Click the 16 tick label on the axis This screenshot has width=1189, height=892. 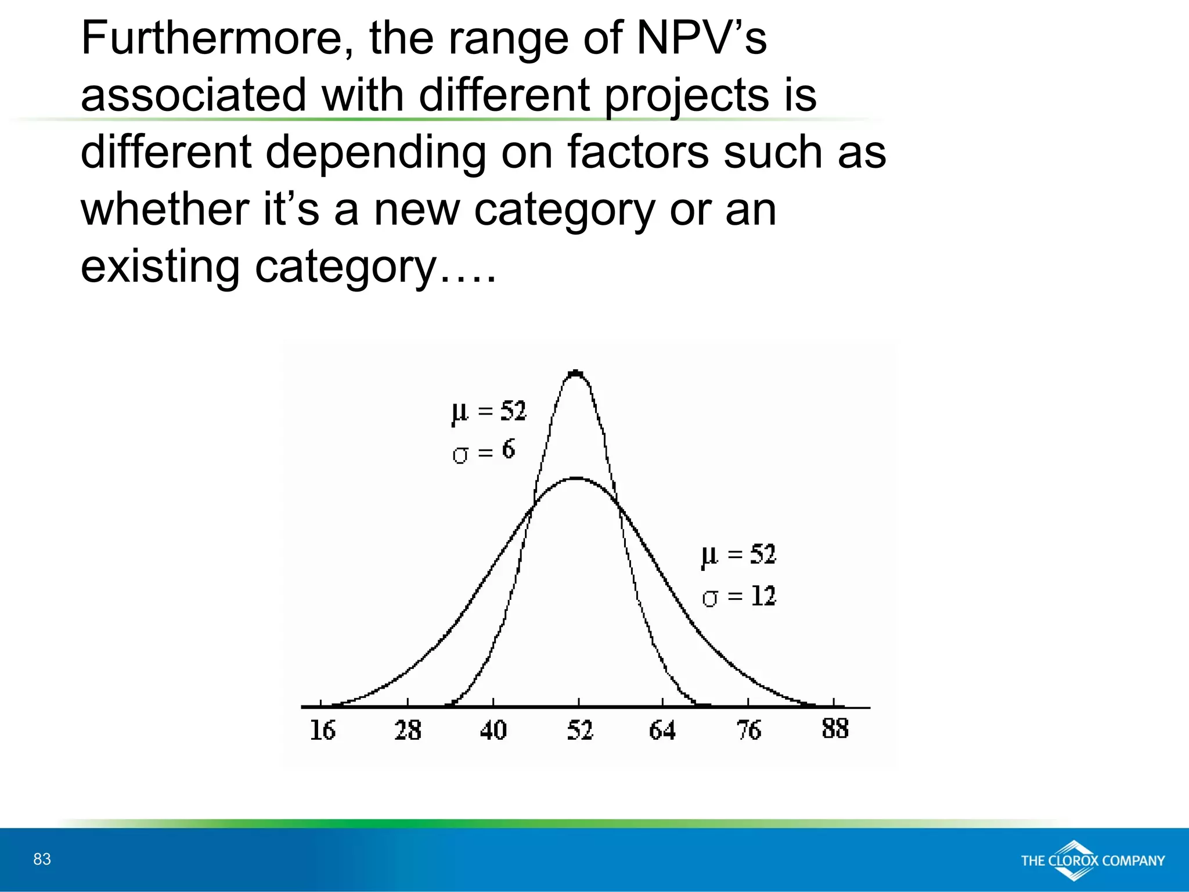[323, 731]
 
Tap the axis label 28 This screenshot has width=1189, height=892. [408, 731]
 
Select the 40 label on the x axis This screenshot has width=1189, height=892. [493, 731]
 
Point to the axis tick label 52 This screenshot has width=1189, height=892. [579, 731]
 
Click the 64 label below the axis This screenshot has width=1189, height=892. [662, 731]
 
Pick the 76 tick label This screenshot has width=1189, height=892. [749, 731]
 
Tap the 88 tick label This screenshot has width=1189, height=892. [835, 729]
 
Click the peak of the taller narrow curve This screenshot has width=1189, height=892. [576, 373]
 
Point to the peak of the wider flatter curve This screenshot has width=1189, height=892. [577, 479]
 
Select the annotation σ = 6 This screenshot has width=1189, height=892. [483, 451]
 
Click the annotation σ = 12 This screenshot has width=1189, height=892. [738, 596]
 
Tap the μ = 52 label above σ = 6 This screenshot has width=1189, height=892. [489, 412]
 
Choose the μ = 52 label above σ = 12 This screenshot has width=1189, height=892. [738, 555]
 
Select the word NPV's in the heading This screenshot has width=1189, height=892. [702, 38]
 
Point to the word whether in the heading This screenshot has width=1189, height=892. [165, 210]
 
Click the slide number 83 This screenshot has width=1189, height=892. [42, 859]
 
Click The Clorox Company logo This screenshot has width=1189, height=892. [1093, 860]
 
